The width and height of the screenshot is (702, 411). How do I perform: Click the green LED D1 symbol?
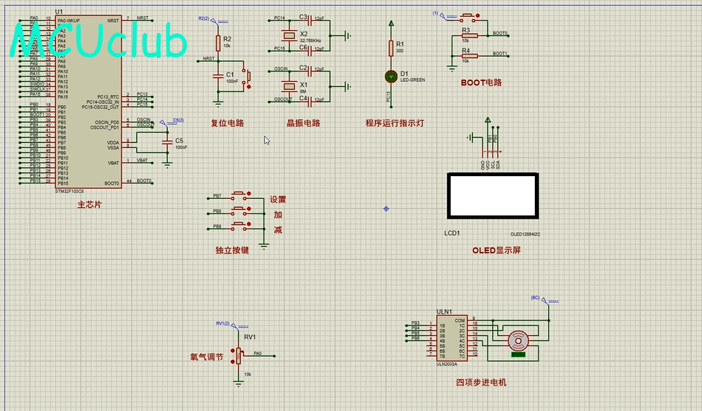(x=391, y=76)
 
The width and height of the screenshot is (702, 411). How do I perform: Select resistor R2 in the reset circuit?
(x=218, y=42)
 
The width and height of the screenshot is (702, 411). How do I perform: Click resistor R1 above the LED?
(x=391, y=48)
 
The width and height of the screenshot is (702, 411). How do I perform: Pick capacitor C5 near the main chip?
(x=167, y=141)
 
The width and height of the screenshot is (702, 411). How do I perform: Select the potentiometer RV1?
(x=238, y=354)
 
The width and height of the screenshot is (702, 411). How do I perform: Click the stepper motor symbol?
(x=519, y=340)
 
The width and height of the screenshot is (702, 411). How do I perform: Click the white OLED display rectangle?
(x=492, y=196)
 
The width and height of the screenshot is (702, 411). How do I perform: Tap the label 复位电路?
(x=227, y=123)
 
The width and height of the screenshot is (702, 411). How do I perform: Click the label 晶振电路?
(x=303, y=123)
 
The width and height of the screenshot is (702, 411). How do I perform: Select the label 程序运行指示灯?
(x=394, y=123)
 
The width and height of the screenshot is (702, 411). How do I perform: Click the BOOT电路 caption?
(x=481, y=82)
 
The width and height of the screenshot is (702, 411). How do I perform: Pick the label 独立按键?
(x=232, y=250)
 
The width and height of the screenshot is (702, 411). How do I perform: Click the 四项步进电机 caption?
(x=481, y=382)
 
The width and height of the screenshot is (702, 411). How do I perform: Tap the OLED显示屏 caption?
(x=496, y=250)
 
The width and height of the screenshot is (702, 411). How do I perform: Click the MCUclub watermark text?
(x=99, y=41)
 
